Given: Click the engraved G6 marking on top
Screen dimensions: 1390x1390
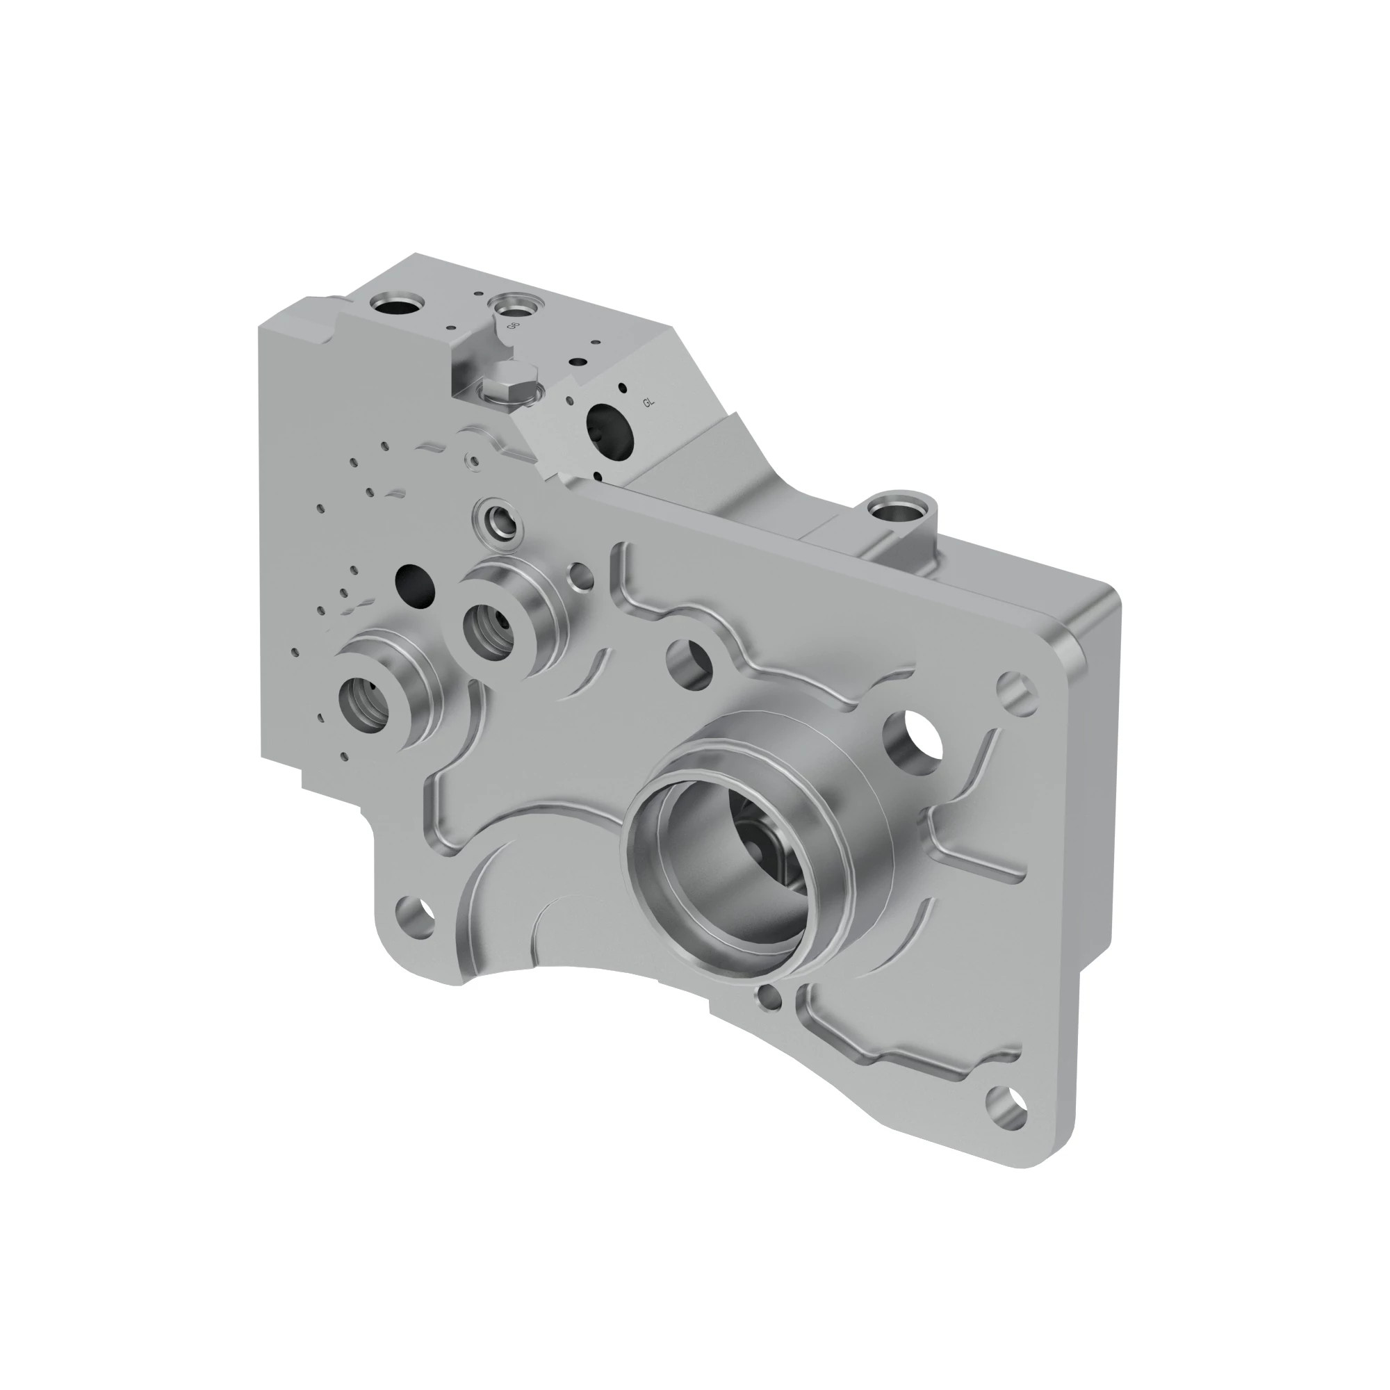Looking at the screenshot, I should tap(513, 326).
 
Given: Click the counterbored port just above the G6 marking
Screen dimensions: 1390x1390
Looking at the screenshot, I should tap(516, 306).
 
